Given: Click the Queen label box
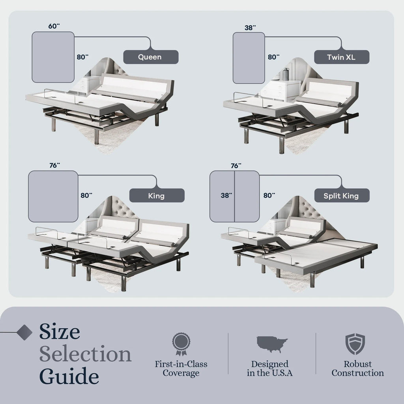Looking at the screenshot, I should [150, 57].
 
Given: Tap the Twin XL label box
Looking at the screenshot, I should [341, 57].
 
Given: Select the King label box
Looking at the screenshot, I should [157, 195].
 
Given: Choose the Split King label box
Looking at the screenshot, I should [342, 195].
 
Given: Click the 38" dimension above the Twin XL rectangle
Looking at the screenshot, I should [250, 27].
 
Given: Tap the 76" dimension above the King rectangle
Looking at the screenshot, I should [54, 166].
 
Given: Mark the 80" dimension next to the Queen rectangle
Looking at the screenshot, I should [82, 56].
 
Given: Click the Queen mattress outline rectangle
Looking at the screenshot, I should [53, 57].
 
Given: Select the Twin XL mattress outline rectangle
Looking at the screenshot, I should [249, 58].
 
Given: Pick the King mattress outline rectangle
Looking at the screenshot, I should [53, 196].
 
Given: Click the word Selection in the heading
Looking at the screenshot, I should [85, 354].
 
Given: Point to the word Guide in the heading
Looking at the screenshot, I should [69, 376].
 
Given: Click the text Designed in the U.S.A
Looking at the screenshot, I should [270, 368].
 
